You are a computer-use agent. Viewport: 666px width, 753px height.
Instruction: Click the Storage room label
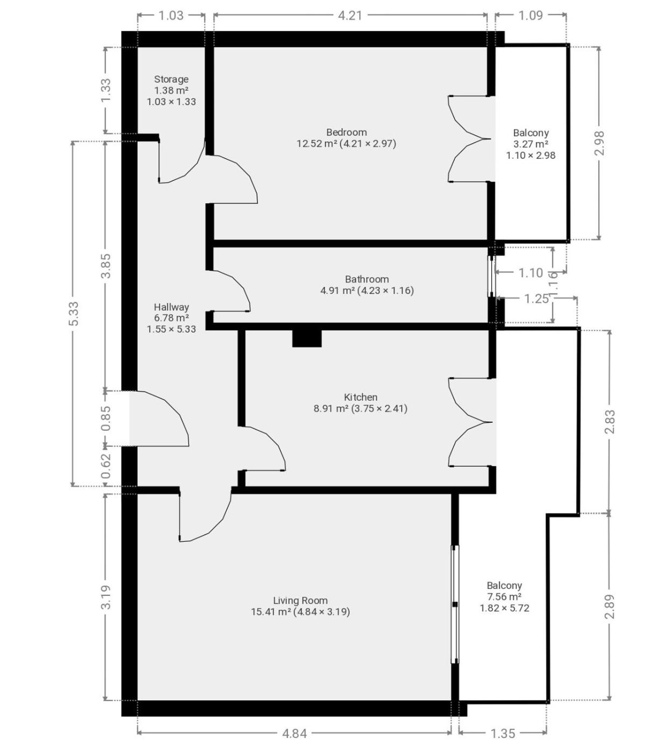pyautogui.click(x=171, y=79)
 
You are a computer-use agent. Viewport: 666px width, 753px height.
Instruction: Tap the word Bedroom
pyautogui.click(x=346, y=132)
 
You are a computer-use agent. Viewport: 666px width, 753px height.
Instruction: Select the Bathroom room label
pyautogui.click(x=367, y=279)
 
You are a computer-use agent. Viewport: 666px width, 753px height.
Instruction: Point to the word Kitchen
pyautogui.click(x=361, y=397)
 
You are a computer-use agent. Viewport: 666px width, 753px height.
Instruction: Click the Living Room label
pyautogui.click(x=300, y=600)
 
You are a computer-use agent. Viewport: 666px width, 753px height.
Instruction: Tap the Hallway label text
pyautogui.click(x=171, y=307)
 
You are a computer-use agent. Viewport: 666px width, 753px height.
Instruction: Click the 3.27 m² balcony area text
pyautogui.click(x=530, y=144)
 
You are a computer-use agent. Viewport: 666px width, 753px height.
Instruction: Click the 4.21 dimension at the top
pyautogui.click(x=350, y=16)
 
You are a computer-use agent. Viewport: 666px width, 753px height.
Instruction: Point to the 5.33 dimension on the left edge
pyautogui.click(x=74, y=314)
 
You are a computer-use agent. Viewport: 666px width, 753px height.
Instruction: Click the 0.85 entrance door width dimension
pyautogui.click(x=107, y=418)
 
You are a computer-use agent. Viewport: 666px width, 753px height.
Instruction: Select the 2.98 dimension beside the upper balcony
pyautogui.click(x=599, y=143)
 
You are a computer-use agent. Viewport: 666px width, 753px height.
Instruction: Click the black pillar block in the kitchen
pyautogui.click(x=306, y=338)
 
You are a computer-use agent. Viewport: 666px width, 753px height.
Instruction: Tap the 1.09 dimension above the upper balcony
pyautogui.click(x=530, y=16)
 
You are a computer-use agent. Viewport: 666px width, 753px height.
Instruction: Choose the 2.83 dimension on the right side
pyautogui.click(x=610, y=422)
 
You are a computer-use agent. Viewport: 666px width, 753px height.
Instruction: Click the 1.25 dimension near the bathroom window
pyautogui.click(x=536, y=299)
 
